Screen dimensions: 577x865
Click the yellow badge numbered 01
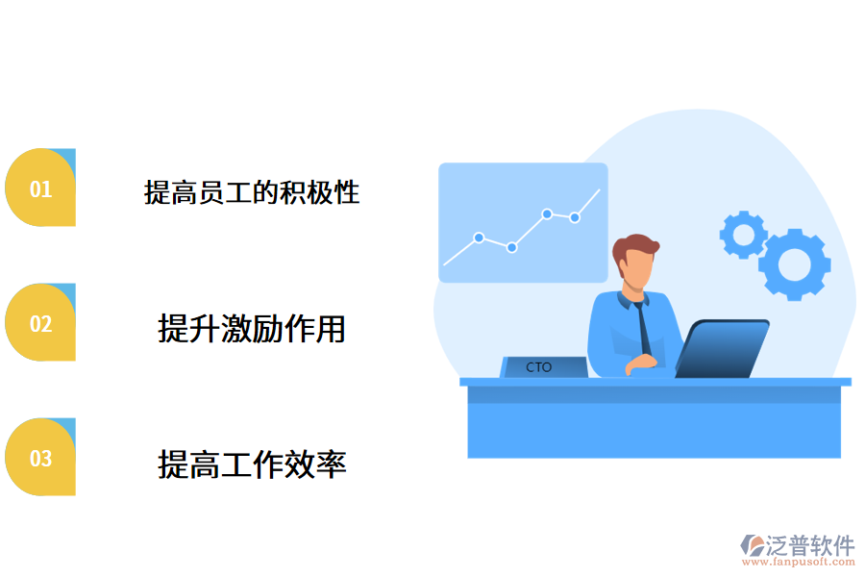pyautogui.click(x=39, y=188)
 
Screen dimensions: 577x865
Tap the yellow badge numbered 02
pyautogui.click(x=39, y=323)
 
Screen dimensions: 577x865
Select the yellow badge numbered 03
pyautogui.click(x=39, y=458)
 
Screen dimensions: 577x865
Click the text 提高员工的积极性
pyautogui.click(x=252, y=192)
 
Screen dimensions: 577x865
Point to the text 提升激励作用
pyautogui.click(x=252, y=329)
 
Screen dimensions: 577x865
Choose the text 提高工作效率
pyautogui.click(x=252, y=465)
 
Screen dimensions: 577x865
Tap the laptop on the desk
pyautogui.click(x=723, y=349)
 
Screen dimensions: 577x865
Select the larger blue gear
pyautogui.click(x=794, y=263)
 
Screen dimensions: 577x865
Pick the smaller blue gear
pyautogui.click(x=743, y=234)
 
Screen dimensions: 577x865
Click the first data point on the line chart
pyautogui.click(x=479, y=237)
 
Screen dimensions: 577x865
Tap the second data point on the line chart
pyautogui.click(x=511, y=247)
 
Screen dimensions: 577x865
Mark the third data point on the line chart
pyautogui.click(x=546, y=213)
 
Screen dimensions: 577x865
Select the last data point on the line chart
pyautogui.click(x=574, y=217)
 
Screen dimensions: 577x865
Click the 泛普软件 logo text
pyautogui.click(x=809, y=545)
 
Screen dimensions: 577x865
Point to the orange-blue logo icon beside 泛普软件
pyautogui.click(x=751, y=545)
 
